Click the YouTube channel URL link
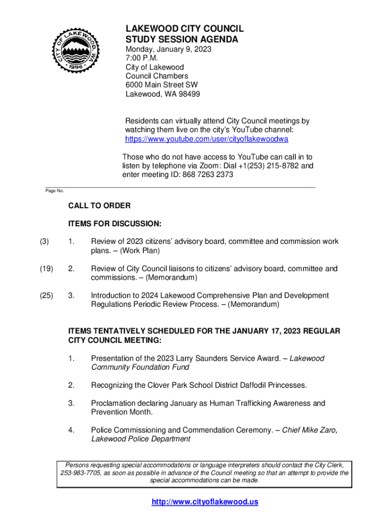206,139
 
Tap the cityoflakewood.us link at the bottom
205,502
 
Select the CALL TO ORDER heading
100,206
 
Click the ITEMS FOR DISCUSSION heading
115,224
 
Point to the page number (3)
44,242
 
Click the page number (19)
46,269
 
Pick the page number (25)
46,296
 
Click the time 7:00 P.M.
142,58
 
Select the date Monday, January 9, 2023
168,49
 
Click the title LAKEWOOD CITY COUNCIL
184,29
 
